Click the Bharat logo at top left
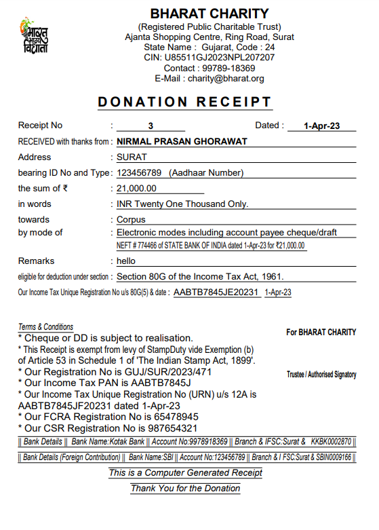34,36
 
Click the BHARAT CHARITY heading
210,14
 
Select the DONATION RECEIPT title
185,102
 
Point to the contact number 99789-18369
228,68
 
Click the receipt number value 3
151,126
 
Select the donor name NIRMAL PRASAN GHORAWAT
182,141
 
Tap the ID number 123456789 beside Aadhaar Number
139,172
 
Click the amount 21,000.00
136,188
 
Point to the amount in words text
182,204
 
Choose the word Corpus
131,219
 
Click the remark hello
126,261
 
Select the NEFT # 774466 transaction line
210,246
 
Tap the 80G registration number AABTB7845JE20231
216,292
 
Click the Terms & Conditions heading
45,327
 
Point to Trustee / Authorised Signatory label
321,375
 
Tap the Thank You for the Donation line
185,488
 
